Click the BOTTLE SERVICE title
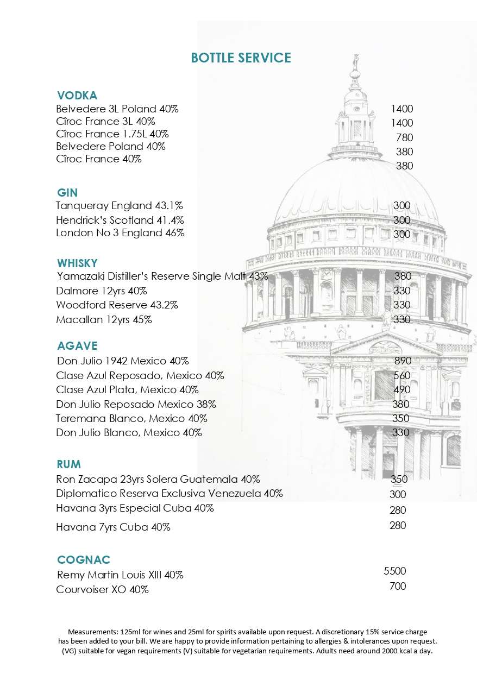point(241,58)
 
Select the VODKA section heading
point(77,96)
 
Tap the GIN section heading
point(67,193)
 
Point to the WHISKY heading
point(77,263)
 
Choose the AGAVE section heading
point(77,346)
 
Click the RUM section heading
point(68,464)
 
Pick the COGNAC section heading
point(84,560)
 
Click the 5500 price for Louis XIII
point(395,571)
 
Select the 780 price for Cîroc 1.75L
point(404,137)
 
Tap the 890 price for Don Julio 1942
point(403,361)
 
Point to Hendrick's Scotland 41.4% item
point(120,221)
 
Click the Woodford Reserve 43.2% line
point(117,305)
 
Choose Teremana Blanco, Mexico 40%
point(131,419)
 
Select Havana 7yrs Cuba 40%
point(113,527)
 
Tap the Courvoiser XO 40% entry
point(102,590)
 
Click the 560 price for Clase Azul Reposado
point(402,375)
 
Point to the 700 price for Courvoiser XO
point(398,586)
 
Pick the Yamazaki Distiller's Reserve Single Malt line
point(162,276)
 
